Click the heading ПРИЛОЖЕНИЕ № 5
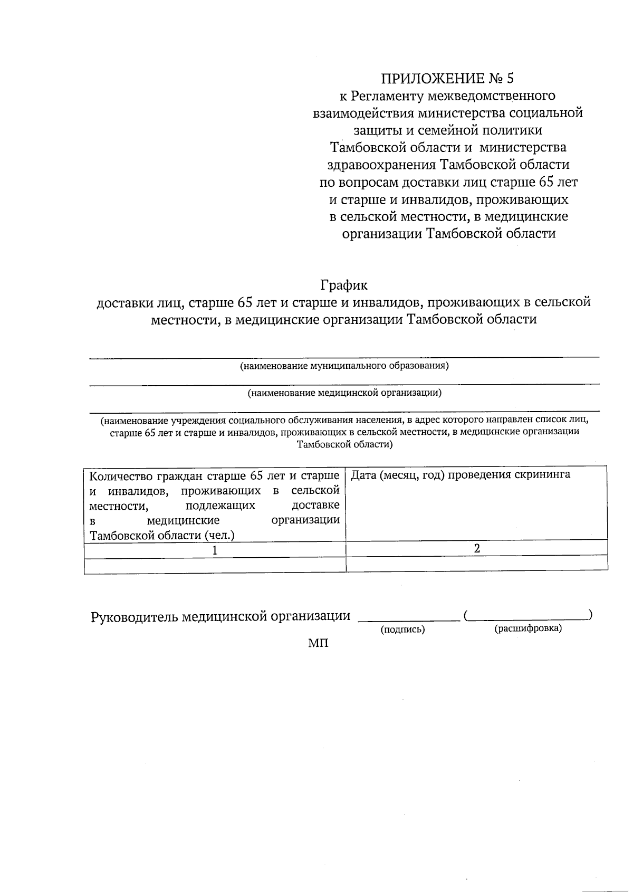pos(447,79)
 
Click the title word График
pos(344,285)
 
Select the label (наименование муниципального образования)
pos(344,366)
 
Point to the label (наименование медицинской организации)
pos(344,393)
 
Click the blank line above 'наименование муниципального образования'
pos(344,358)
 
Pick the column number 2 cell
pos(477,549)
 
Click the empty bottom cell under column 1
pos(215,565)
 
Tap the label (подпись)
pos(402,629)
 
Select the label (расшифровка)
pos(527,628)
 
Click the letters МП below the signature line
pos(318,643)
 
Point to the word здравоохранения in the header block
pos(381,165)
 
